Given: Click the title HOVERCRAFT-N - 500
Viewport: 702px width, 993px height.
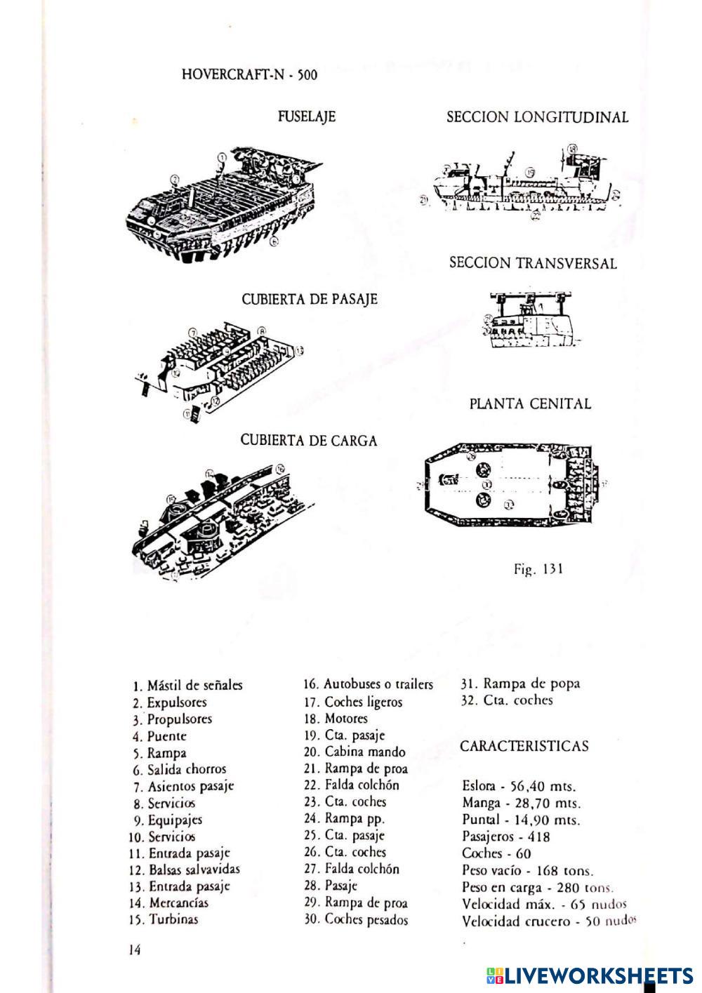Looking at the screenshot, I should tap(249, 74).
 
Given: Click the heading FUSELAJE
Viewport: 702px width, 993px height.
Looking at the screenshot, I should tap(307, 116).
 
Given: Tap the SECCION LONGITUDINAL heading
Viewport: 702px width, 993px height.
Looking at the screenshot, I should tap(537, 117).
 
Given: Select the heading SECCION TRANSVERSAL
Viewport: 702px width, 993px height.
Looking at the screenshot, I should tap(533, 263).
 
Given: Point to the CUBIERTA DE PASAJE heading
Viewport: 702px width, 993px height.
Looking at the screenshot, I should tap(310, 299).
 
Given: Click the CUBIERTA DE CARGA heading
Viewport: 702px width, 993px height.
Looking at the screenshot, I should tap(309, 441).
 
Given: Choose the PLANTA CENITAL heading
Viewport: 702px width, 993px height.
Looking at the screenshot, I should tap(530, 404).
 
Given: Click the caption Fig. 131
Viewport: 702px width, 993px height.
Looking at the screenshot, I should tap(538, 569).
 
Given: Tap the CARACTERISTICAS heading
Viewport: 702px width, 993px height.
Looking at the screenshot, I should tap(524, 746).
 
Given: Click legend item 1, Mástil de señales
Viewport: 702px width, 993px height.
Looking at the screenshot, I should tap(187, 685).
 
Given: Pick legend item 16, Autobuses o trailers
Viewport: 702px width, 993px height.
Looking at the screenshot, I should tap(369, 684).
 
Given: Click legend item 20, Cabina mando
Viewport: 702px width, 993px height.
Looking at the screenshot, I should tap(355, 752).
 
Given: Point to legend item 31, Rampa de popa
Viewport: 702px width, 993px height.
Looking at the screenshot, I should tap(521, 683).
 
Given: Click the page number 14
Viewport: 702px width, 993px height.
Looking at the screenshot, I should tap(135, 950).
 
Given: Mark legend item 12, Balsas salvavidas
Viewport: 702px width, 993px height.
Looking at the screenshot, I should tap(185, 869).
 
